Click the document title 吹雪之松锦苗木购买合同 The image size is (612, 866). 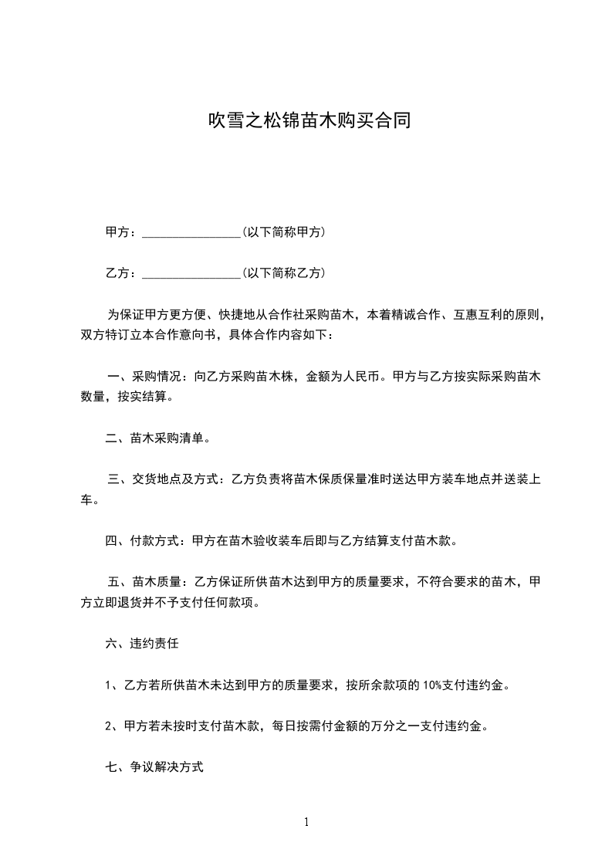[306, 120]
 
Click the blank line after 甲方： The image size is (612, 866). [192, 232]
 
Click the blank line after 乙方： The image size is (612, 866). [192, 273]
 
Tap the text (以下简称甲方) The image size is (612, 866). [282, 232]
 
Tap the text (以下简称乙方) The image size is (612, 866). [282, 272]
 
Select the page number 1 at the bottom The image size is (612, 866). [306, 822]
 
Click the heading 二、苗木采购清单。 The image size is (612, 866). [157, 438]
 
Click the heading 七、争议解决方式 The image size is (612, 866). [154, 767]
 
